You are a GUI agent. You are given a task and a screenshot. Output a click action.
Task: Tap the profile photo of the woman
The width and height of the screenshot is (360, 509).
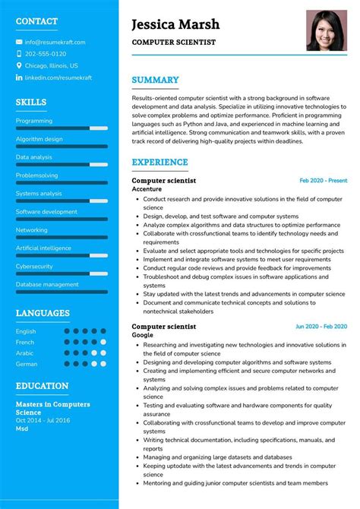[x=327, y=30]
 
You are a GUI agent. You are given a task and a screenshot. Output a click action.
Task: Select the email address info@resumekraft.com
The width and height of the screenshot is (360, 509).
[x=55, y=42]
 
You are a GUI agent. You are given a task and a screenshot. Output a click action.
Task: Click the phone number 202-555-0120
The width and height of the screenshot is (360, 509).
[x=46, y=54]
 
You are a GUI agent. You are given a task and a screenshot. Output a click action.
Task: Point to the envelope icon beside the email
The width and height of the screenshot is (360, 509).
[x=19, y=42]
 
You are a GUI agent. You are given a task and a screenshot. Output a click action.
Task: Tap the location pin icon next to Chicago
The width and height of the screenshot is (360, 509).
[x=19, y=65]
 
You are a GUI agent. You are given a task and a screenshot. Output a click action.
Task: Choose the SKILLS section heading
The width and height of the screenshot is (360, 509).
[x=31, y=102]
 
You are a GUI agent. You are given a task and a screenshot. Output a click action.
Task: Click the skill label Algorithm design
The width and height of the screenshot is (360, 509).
[x=39, y=139]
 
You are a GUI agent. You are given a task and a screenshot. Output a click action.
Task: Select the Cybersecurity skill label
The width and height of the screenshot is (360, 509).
[x=34, y=267]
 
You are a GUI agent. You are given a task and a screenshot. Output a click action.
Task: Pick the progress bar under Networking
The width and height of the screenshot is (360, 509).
[x=62, y=238]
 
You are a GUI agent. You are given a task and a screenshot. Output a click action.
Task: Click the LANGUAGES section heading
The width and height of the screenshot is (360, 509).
[x=43, y=313]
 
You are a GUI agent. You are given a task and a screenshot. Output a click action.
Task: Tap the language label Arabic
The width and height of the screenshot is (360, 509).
[x=25, y=353]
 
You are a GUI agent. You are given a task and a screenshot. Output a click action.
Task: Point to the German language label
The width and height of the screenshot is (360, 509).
[x=26, y=364]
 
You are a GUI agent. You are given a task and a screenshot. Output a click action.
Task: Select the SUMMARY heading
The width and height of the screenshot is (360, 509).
[x=155, y=80]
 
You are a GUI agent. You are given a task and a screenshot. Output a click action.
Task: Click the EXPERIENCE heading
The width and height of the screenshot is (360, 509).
[x=159, y=162]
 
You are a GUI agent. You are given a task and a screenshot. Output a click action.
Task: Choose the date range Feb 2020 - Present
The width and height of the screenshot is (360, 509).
[x=323, y=181]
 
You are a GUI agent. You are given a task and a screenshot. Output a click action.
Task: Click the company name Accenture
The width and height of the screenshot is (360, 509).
[x=147, y=188]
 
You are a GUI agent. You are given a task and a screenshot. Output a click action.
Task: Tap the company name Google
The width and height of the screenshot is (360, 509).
[x=142, y=334]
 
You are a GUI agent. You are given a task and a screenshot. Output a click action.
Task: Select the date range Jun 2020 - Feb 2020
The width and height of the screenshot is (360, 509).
[x=321, y=327]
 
